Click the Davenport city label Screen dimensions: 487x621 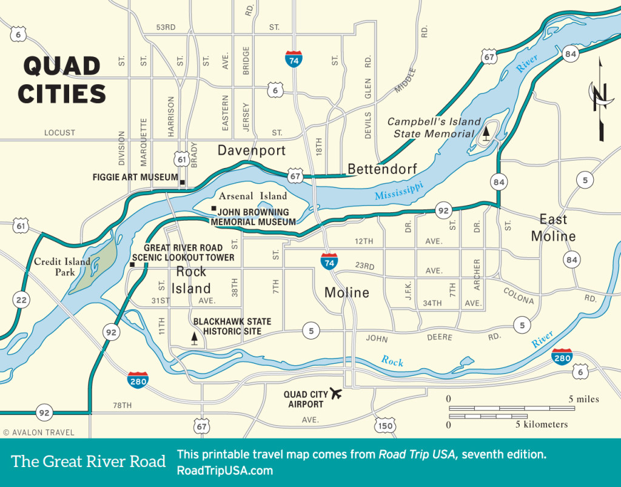(251, 150)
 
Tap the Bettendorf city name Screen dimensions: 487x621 (382, 169)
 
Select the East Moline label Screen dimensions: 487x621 (553, 227)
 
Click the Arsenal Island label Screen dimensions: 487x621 (253, 196)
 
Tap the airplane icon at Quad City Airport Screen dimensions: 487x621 (335, 394)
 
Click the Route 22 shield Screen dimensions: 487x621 (22, 299)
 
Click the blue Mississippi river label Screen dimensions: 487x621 (398, 190)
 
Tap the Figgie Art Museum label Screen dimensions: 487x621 (135, 178)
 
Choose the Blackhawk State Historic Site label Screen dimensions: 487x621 (232, 326)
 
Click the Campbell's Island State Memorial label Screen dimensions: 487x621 (434, 127)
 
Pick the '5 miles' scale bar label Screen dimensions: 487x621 (583, 399)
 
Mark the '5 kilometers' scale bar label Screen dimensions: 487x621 (542, 425)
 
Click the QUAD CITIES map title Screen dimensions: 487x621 (62, 79)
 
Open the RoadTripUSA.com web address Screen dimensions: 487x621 (224, 471)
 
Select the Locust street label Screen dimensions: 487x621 (59, 132)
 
